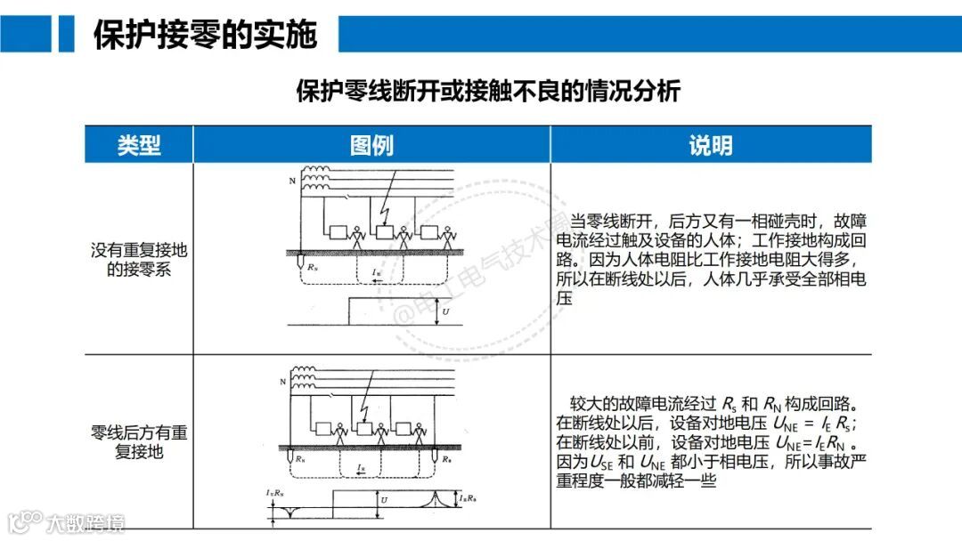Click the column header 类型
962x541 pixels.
139,145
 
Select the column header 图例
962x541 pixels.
371,145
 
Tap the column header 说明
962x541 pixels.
710,145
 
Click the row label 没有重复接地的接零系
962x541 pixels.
139,259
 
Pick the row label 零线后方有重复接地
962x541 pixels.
139,442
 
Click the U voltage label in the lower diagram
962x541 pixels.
385,500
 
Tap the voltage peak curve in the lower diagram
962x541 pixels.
436,497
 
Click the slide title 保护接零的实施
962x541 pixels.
205,34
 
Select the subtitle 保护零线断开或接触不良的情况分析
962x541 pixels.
488,92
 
